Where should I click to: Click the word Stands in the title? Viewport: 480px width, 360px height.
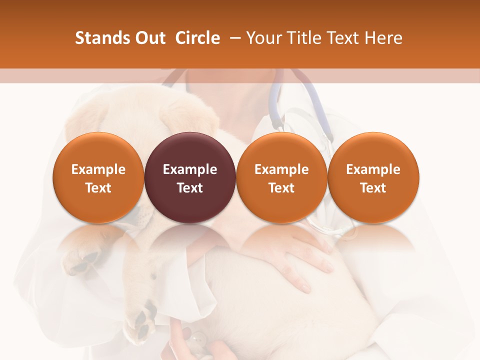pos(95,38)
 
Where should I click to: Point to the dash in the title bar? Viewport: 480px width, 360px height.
pos(233,38)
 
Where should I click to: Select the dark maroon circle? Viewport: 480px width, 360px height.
pos(190,178)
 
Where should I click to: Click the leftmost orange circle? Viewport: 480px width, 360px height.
pos(98,178)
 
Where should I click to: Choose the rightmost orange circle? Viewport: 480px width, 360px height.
pos(373,178)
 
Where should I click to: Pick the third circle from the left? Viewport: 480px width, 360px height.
pos(281,178)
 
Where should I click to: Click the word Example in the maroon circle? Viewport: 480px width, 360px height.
pos(190,169)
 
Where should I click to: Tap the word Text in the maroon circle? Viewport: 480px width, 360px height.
pos(190,188)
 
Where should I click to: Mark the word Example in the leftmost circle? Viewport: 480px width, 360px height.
pos(98,169)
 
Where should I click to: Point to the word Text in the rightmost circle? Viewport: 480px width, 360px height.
pos(373,188)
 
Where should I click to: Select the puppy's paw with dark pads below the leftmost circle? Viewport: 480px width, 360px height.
pos(82,260)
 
